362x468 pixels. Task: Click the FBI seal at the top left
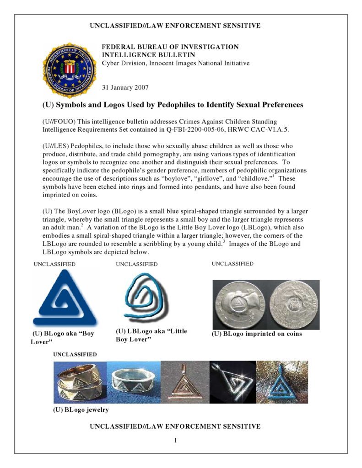[x=70, y=70]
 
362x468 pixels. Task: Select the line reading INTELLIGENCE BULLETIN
[x=144, y=55]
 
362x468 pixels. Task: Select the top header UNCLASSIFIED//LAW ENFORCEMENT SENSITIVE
[x=175, y=26]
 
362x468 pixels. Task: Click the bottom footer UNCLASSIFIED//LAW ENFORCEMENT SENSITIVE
[x=175, y=426]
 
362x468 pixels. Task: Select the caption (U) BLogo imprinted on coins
[x=256, y=334]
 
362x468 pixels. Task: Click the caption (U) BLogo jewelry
[x=81, y=409]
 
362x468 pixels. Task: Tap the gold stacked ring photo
[x=80, y=382]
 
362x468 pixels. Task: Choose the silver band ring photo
[x=134, y=382]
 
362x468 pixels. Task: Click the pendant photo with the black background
[x=232, y=382]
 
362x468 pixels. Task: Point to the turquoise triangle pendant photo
[x=282, y=382]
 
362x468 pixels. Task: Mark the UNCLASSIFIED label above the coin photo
[x=232, y=264]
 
